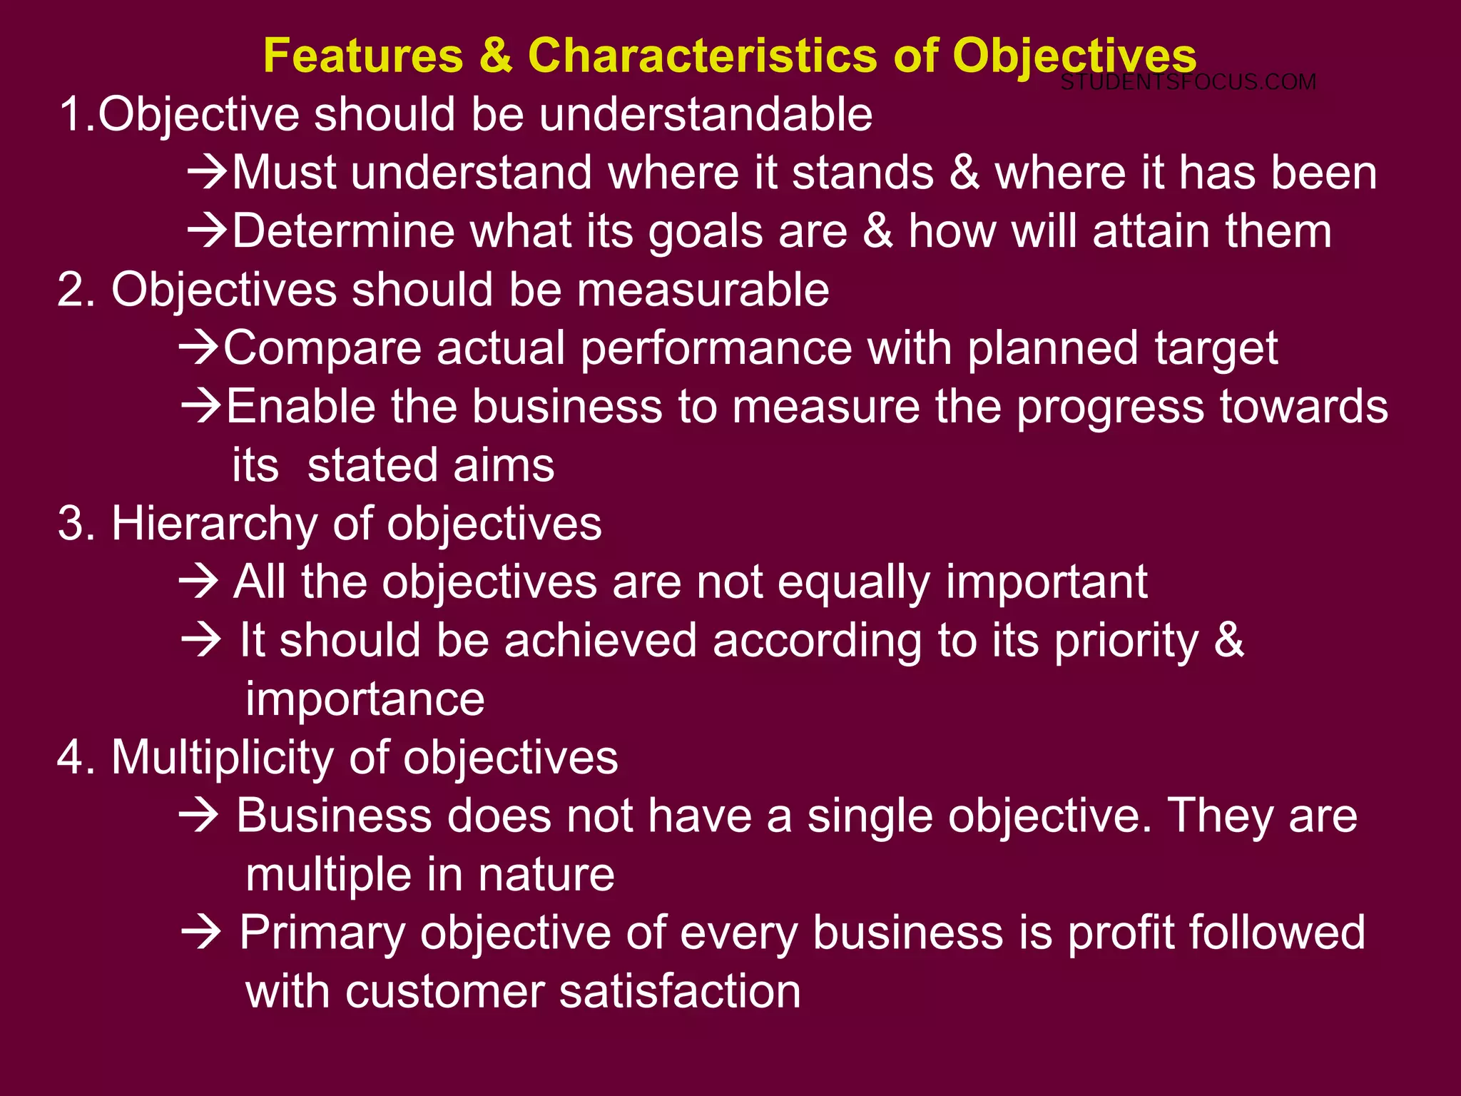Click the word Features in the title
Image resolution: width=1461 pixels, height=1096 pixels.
point(363,56)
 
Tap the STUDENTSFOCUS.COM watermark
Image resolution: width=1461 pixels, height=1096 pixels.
point(1188,82)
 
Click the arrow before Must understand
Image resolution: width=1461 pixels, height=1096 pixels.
point(208,173)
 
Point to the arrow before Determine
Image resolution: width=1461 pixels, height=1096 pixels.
point(208,231)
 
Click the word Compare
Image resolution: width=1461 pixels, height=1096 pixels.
point(322,349)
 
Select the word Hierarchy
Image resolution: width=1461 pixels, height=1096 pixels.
point(214,524)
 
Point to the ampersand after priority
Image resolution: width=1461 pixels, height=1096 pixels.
point(1228,640)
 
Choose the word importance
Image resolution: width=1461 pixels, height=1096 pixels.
point(365,699)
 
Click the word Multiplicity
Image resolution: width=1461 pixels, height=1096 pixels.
point(222,758)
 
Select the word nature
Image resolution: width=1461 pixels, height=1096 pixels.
point(546,875)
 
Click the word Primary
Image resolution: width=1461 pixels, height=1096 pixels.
point(322,933)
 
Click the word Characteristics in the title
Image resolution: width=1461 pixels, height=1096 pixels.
point(702,56)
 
